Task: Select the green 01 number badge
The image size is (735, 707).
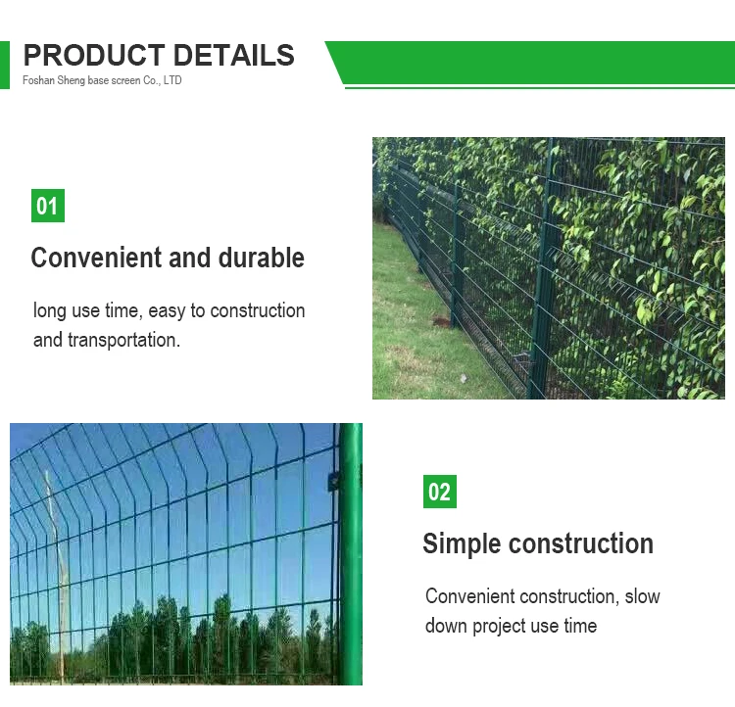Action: tap(47, 206)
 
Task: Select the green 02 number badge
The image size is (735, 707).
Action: tap(439, 492)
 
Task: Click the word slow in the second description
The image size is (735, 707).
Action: tap(642, 596)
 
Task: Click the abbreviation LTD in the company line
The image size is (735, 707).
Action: tap(172, 80)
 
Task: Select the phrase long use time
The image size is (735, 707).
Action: tap(88, 310)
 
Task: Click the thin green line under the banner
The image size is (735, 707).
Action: tap(539, 87)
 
